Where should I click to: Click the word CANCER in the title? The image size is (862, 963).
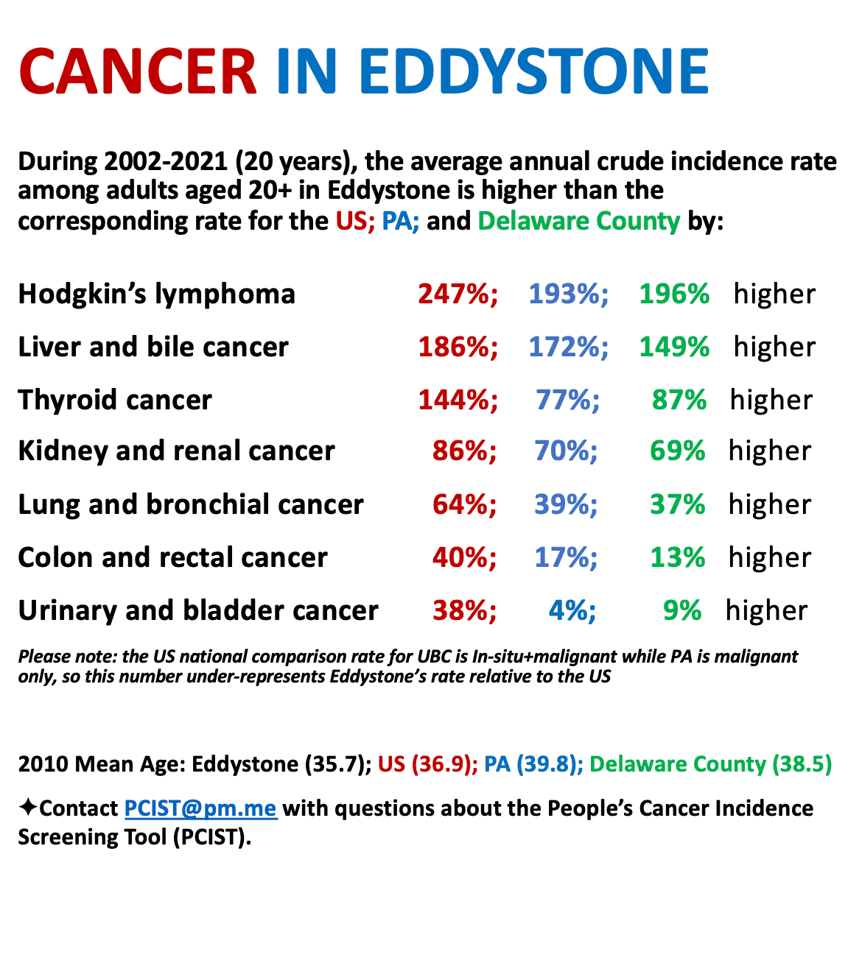pyautogui.click(x=138, y=71)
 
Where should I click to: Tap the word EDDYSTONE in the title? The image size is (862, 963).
pyautogui.click(x=534, y=71)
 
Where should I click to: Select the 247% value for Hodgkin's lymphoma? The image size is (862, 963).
pyautogui.click(x=458, y=294)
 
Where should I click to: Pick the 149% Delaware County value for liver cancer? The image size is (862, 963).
pyautogui.click(x=674, y=347)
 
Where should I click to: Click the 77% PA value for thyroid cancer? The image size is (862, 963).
pyautogui.click(x=567, y=400)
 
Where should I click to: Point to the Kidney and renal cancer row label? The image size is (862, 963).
pyautogui.click(x=176, y=451)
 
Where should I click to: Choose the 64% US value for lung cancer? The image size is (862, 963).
pyautogui.click(x=464, y=504)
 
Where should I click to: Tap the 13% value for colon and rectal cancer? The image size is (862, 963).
pyautogui.click(x=677, y=557)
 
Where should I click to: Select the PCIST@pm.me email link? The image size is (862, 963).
pyautogui.click(x=200, y=808)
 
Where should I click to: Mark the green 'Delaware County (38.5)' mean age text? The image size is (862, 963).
pyautogui.click(x=710, y=764)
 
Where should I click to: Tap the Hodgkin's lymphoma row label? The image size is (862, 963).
pyautogui.click(x=156, y=294)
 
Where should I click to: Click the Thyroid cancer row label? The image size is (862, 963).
pyautogui.click(x=115, y=400)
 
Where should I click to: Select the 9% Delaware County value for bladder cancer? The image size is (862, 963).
pyautogui.click(x=681, y=610)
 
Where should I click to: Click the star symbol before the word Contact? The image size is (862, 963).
pyautogui.click(x=28, y=808)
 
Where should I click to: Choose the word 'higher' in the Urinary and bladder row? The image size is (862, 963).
pyautogui.click(x=766, y=610)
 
